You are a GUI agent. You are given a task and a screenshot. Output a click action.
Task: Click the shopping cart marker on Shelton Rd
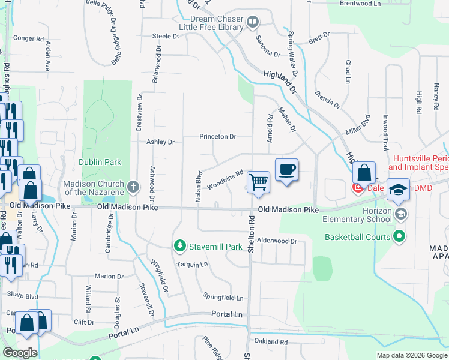pyautogui.click(x=258, y=181)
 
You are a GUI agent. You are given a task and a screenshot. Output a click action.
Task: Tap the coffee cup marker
pyautogui.click(x=286, y=170)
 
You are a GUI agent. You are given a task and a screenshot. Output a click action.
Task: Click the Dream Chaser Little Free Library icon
pyautogui.click(x=253, y=23)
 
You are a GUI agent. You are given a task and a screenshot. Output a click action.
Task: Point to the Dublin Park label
pyautogui.click(x=100, y=162)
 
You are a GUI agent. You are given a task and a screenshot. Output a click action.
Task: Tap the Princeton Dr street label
pyautogui.click(x=218, y=137)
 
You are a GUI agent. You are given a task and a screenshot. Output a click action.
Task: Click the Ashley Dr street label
pyautogui.click(x=160, y=142)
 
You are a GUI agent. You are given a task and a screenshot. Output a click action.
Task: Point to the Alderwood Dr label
pyautogui.click(x=277, y=241)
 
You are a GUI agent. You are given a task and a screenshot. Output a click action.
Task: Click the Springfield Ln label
pyautogui.click(x=223, y=298)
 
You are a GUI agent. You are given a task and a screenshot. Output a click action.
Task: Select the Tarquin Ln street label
pyautogui.click(x=192, y=264)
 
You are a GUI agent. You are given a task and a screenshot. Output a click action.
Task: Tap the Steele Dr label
pyautogui.click(x=166, y=36)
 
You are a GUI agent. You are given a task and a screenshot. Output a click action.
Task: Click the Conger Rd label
pyautogui.click(x=29, y=38)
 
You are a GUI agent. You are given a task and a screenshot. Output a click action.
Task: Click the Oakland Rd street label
pyautogui.click(x=271, y=341)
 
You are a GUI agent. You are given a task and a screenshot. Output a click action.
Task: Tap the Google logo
pyautogui.click(x=20, y=353)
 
